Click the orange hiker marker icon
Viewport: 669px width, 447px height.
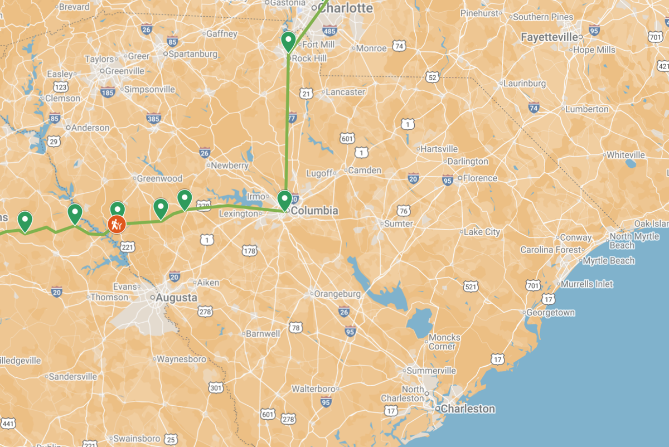(117, 225)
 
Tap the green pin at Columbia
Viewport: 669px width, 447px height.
(285, 200)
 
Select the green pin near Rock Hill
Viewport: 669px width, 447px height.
(288, 41)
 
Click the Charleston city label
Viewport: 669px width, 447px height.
(467, 409)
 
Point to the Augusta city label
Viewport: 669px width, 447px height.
(176, 298)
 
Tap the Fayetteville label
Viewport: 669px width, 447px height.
(549, 37)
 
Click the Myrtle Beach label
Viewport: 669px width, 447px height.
(609, 260)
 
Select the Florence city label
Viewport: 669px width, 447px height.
(480, 178)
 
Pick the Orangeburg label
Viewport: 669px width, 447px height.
(337, 293)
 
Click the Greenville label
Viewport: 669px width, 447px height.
(125, 71)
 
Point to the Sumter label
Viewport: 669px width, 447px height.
(399, 223)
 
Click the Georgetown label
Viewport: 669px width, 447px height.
(551, 313)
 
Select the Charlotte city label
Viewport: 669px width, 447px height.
(346, 8)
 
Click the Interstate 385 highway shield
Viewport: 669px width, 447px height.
(154, 118)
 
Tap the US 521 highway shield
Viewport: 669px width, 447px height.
(471, 286)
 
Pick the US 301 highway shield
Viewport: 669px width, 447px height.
(216, 387)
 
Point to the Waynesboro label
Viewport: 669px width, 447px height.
(181, 359)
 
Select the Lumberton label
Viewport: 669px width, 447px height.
(586, 109)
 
